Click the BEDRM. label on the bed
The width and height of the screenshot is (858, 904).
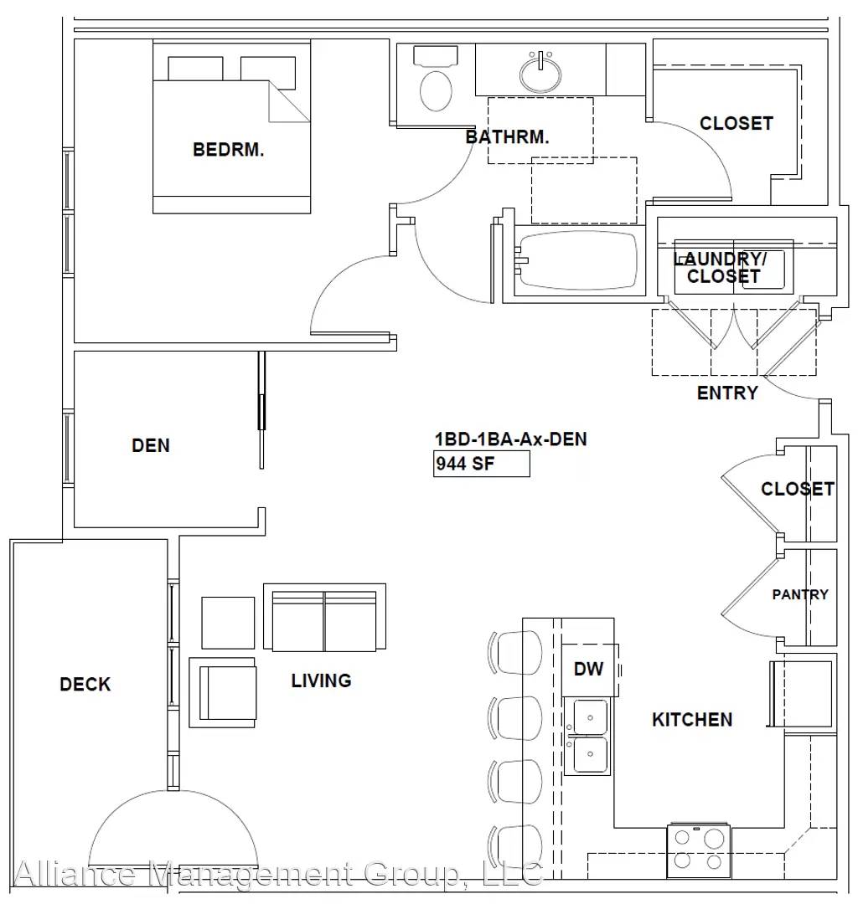click(x=229, y=150)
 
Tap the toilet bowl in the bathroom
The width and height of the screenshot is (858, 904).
click(x=436, y=90)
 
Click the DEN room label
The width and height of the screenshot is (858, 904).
click(x=151, y=445)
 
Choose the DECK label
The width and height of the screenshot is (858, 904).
click(x=85, y=685)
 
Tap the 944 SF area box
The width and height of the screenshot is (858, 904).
click(x=482, y=464)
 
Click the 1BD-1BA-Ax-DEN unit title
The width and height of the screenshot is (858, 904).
click(x=510, y=439)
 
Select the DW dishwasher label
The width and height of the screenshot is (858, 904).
click(x=588, y=669)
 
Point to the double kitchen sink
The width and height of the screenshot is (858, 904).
click(x=587, y=737)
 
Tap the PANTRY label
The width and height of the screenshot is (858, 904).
click(x=800, y=594)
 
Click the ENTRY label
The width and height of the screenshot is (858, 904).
click(x=727, y=393)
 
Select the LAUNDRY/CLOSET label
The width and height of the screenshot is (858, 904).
click(x=721, y=268)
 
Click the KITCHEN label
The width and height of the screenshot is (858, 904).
click(x=692, y=720)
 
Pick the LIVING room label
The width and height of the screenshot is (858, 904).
click(x=322, y=681)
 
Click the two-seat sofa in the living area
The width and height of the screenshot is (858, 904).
click(x=324, y=617)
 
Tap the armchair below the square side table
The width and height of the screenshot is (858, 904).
click(x=223, y=692)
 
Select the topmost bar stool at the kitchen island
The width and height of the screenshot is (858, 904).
click(x=515, y=652)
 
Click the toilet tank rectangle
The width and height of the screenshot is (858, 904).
click(x=436, y=56)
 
